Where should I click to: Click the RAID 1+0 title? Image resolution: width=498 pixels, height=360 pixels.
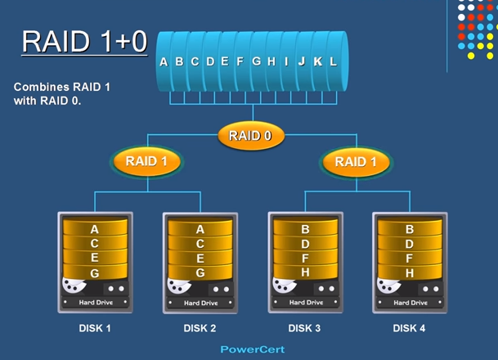84,41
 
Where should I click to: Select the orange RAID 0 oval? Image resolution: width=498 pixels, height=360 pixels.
250,136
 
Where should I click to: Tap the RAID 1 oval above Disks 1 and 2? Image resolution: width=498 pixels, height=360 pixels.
146,161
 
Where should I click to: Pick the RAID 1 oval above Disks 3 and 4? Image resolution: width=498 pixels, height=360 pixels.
357,161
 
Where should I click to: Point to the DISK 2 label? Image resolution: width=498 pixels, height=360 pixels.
200,329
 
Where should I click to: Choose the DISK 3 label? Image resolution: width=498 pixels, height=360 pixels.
304,329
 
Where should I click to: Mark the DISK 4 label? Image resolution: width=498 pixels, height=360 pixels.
409,329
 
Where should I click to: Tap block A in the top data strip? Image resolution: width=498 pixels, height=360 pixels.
164,61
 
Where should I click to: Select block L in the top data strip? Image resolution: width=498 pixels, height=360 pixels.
333,61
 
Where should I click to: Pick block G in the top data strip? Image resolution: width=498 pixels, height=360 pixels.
256,61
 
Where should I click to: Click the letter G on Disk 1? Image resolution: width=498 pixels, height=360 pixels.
95,272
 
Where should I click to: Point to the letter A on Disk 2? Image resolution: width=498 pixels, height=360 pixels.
200,230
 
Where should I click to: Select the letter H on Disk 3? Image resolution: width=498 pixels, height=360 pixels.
305,272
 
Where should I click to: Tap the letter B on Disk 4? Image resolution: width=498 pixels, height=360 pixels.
410,230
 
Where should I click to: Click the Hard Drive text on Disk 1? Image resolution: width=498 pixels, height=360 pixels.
96,303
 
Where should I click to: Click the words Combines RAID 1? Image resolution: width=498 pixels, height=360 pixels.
56,86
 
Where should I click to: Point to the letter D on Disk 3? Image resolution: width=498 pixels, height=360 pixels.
305,244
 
